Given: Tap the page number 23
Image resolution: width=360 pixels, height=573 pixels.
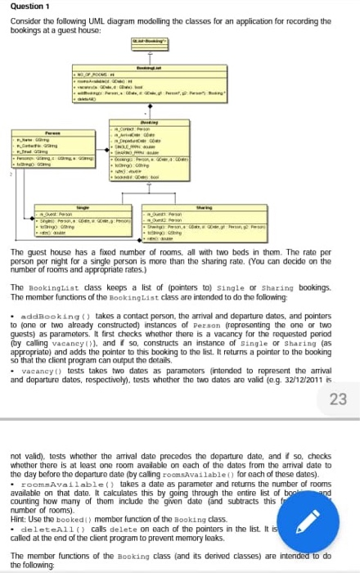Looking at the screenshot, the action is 338,399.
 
